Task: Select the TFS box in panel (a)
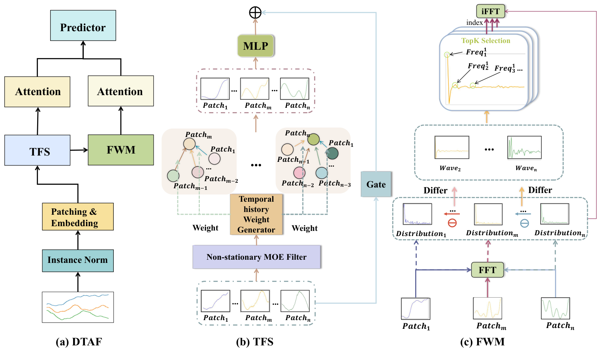pos(38,150)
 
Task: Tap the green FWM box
pos(121,150)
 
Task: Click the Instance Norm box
pos(78,261)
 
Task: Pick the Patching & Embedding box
pos(78,217)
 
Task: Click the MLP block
pos(256,46)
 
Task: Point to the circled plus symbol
pos(255,13)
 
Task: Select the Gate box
pos(376,184)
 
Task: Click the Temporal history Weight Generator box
pos(256,214)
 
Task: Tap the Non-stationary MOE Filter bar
pos(256,257)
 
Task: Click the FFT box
pos(487,270)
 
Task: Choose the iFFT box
pos(491,11)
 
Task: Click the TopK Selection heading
pos(485,41)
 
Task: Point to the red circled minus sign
pos(452,223)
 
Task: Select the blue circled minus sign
pos(524,223)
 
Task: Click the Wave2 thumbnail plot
pos(451,148)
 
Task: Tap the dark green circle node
pos(333,153)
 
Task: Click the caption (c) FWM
pos(482,342)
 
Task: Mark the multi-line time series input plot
pos(78,307)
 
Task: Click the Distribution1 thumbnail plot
pos(417,214)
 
